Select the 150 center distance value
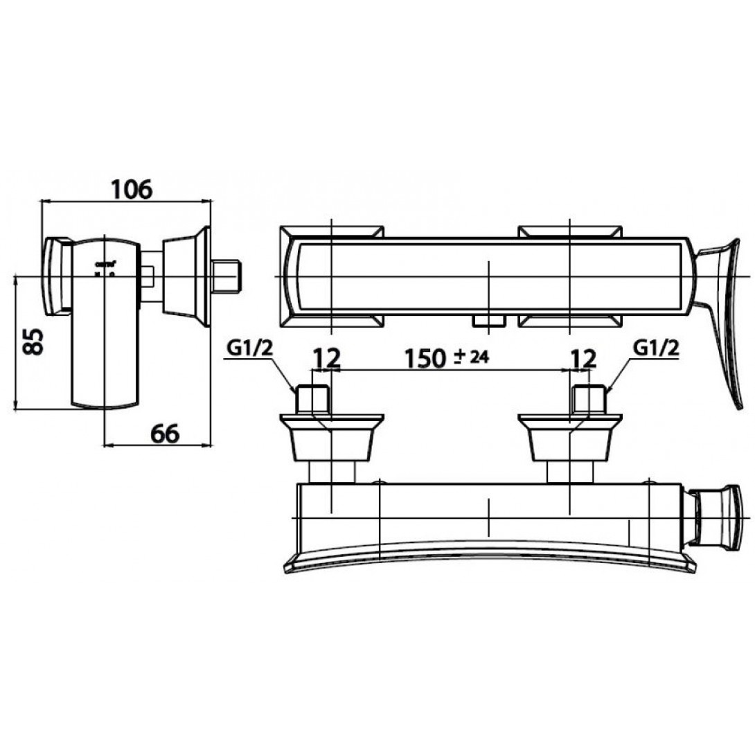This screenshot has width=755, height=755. (424, 358)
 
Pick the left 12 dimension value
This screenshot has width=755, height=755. (326, 358)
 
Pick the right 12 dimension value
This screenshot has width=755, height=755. (583, 358)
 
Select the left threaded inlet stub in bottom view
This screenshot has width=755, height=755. (312, 398)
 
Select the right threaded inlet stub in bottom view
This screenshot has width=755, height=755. (590, 398)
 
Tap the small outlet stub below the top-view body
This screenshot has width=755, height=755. (488, 319)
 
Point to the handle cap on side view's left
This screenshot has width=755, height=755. (59, 275)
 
